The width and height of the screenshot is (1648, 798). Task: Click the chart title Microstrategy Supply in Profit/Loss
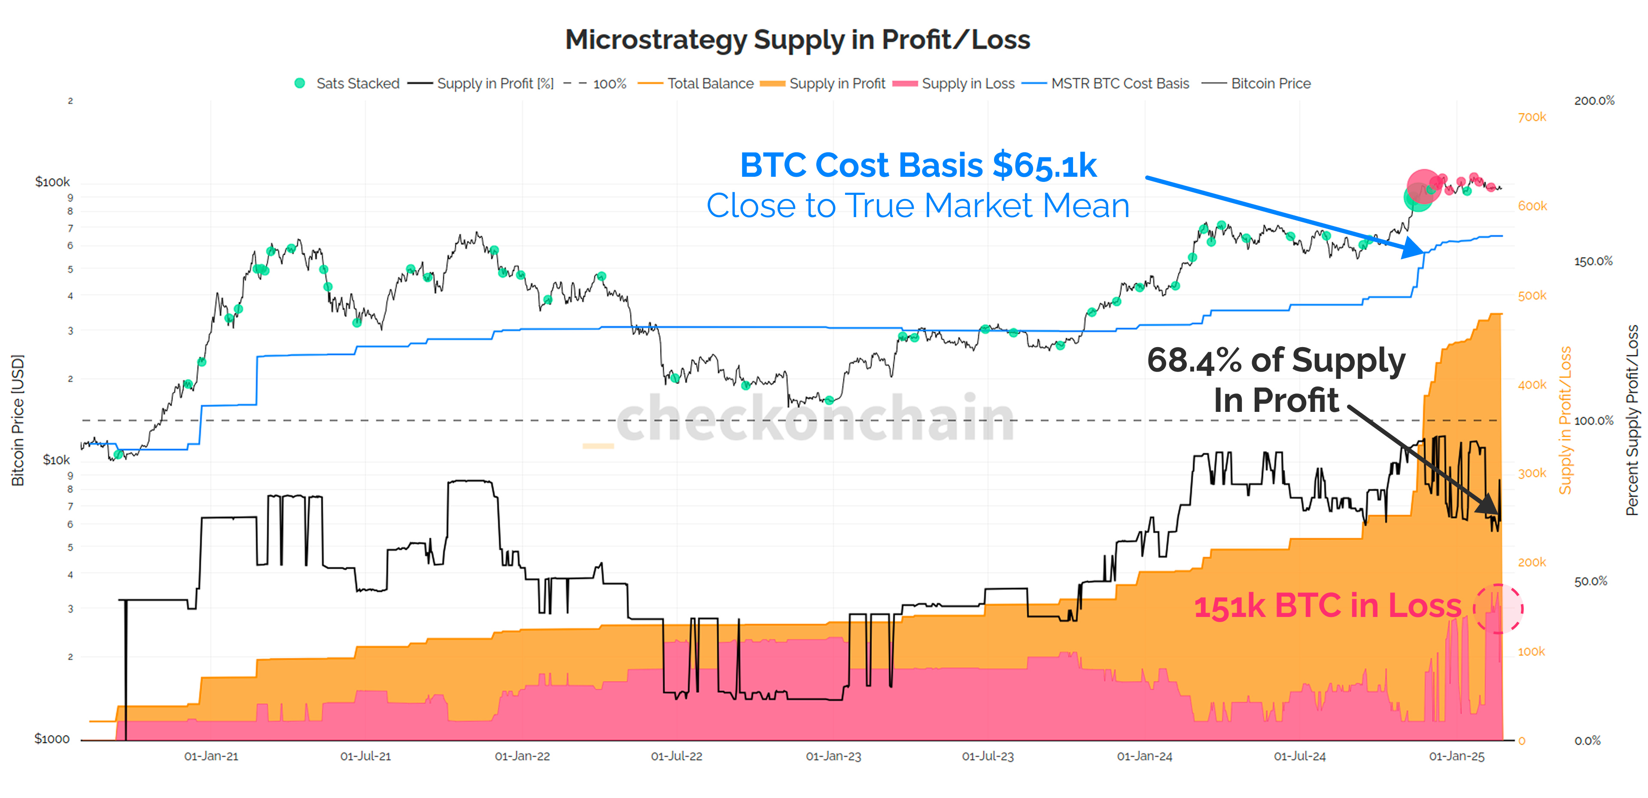click(x=797, y=39)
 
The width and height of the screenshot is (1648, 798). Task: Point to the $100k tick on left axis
click(x=52, y=182)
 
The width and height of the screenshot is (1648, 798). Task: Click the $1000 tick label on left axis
click(x=52, y=739)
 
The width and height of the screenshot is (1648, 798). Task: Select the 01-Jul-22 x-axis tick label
click(x=676, y=756)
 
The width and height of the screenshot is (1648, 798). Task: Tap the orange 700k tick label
click(x=1532, y=117)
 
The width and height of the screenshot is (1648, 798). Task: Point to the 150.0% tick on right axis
click(x=1593, y=262)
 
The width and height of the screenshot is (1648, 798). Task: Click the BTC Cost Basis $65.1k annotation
click(x=918, y=165)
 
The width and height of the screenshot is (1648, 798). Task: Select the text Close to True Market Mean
click(x=918, y=206)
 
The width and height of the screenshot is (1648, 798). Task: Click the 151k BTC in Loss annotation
click(x=1328, y=606)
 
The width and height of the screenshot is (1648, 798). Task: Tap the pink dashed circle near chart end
click(x=1498, y=609)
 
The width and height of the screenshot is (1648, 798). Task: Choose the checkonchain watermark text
click(x=816, y=419)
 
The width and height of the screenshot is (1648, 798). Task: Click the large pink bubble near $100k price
click(x=1424, y=186)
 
